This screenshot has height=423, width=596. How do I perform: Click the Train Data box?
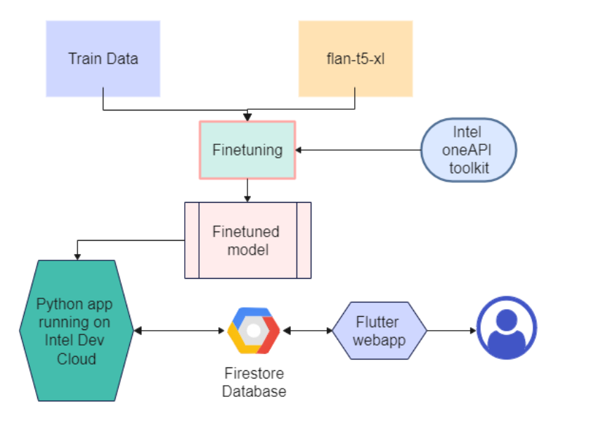(x=103, y=58)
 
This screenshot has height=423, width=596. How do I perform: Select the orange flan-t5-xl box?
(x=356, y=58)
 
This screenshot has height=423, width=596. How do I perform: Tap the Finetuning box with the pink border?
(x=247, y=150)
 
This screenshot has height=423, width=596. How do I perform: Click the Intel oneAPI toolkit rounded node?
(x=468, y=150)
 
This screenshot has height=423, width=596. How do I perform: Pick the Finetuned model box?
(x=248, y=240)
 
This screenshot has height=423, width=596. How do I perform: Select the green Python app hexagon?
(x=77, y=331)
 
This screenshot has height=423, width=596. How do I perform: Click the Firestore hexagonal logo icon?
(x=254, y=331)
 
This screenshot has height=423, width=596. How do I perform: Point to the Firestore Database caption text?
(x=254, y=382)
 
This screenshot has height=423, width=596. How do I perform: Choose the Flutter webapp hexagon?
(x=380, y=331)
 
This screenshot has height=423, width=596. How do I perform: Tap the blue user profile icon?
(x=507, y=328)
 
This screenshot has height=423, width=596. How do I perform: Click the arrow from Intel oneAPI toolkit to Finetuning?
(x=358, y=150)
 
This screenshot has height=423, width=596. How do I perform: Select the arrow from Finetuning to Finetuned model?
(x=247, y=190)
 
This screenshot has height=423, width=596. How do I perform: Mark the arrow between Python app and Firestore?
(x=179, y=331)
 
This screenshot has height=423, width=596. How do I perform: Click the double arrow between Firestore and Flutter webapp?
(x=308, y=331)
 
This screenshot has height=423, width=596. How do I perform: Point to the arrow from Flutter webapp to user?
(x=451, y=331)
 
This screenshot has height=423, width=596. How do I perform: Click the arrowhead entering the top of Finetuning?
(x=247, y=118)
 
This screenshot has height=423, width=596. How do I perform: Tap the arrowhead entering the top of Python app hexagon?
(x=77, y=257)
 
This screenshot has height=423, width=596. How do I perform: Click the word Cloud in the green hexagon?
(x=77, y=359)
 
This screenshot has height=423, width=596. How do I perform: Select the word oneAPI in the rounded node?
(x=467, y=150)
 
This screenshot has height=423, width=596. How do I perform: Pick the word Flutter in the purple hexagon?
(x=377, y=322)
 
